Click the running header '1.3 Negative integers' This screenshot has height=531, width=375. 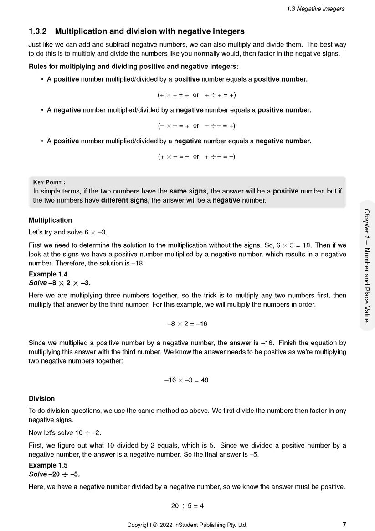pos(315,9)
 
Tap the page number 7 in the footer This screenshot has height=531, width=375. pos(344,524)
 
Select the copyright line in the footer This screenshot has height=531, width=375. pos(187,525)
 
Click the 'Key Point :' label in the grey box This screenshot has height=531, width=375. pos(49,182)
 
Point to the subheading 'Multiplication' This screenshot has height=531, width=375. pos(50,220)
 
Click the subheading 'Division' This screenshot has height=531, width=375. pos(41,399)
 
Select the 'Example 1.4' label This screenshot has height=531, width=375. pos(48,274)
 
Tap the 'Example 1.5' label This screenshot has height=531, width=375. pos(48,465)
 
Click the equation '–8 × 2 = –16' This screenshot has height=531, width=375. pos(187,324)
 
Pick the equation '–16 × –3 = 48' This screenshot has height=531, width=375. pos(186,380)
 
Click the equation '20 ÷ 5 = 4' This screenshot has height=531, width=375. pos(187,505)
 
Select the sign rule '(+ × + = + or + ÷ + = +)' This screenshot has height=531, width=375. pos(196,95)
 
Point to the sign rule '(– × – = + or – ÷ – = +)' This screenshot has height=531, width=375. pos(196,125)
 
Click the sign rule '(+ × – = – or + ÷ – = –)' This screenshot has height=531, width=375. pos(196,156)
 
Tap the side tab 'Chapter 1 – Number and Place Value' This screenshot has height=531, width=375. pos(366,265)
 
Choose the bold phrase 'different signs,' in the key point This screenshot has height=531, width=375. pos(125,200)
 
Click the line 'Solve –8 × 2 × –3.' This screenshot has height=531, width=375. pos(60,283)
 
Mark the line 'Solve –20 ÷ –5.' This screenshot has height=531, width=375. pos(54,474)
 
